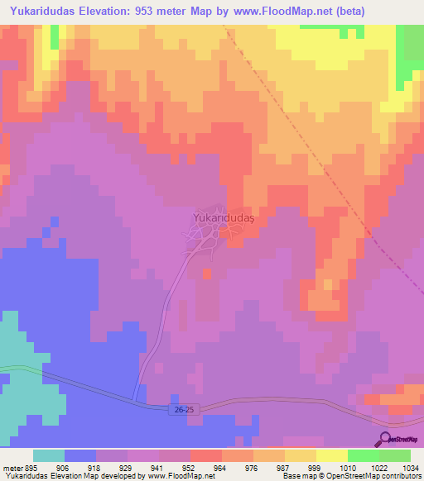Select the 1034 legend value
pyautogui.click(x=410, y=467)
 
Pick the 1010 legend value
pyautogui.click(x=347, y=467)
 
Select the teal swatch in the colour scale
pyautogui.click(x=49, y=455)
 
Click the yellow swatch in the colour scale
pyautogui.click(x=331, y=455)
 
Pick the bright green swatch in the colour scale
pyautogui.click(x=363, y=455)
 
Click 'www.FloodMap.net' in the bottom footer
pyautogui.click(x=177, y=476)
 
